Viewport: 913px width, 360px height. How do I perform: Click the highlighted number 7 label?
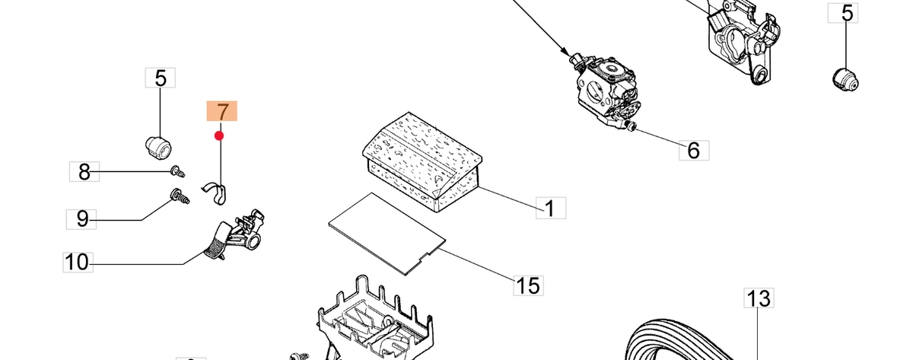pos(221,111)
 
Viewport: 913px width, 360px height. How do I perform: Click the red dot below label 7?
pos(219,135)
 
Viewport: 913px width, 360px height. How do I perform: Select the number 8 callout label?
pos(84,172)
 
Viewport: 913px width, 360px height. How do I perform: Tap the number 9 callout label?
pos(81,219)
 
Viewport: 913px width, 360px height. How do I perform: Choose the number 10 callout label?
pos(78,262)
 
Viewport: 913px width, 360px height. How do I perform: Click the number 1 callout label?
pos(551,208)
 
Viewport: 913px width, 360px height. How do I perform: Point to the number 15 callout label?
pos(528,285)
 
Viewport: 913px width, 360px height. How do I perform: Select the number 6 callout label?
pos(694,151)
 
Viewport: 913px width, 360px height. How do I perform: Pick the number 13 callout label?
pos(759,298)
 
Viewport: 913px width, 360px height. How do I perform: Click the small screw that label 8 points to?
pos(177,171)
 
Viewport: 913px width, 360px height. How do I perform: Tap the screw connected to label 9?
pos(180,196)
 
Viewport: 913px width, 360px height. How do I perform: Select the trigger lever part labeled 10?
pos(234,236)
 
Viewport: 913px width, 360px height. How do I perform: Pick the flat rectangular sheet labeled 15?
pos(386,234)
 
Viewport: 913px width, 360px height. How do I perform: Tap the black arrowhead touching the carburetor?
pos(565,51)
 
